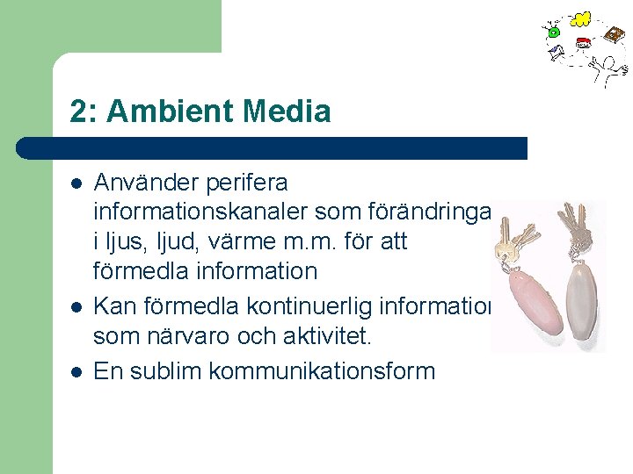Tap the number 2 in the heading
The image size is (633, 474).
79,111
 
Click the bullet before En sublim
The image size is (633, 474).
76,371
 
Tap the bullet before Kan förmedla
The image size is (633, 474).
76,307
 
